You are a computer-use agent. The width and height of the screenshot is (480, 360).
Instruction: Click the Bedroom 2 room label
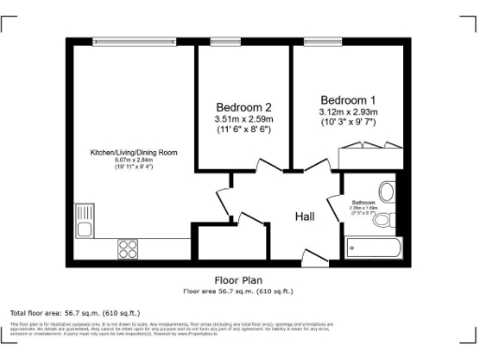pos(244,107)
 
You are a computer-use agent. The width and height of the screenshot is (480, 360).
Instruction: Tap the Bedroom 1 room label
pos(349,100)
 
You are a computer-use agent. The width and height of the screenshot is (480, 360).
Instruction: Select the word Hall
pos(305,217)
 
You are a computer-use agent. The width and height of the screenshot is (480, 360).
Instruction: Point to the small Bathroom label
pos(364,202)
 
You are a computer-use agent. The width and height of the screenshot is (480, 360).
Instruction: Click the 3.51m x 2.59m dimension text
pos(244,119)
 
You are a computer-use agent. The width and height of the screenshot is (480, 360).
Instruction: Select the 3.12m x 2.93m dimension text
pos(349,112)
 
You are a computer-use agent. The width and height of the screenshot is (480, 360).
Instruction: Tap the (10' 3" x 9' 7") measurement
pos(349,124)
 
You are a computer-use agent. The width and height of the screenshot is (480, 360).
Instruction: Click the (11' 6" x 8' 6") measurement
pos(244,130)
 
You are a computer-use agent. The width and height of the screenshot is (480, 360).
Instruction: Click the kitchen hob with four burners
pos(128,248)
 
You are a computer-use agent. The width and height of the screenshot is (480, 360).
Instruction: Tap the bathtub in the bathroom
pos(373,248)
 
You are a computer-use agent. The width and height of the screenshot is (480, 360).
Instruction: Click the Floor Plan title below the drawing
pos(239,280)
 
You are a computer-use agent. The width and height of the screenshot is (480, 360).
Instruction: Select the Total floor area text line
pos(75,312)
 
